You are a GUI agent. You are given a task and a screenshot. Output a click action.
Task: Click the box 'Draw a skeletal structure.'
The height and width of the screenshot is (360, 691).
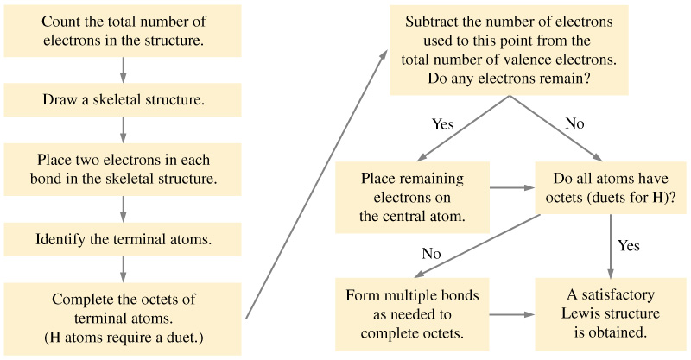(123, 99)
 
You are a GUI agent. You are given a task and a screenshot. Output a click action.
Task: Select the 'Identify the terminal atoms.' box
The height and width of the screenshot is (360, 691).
(123, 239)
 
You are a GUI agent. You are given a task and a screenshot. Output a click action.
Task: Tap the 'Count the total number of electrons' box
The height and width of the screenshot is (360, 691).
(123, 31)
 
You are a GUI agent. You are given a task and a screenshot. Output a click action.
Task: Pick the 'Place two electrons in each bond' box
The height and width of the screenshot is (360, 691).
(123, 169)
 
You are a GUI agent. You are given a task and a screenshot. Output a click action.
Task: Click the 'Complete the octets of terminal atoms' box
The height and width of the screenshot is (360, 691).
(123, 319)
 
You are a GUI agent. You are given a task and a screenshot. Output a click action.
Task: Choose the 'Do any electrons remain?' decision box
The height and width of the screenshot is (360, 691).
(509, 50)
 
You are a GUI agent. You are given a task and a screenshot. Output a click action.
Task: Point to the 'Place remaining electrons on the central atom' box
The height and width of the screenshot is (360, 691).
(412, 197)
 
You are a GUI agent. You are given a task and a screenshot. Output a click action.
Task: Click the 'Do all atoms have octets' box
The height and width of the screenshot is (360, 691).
(611, 187)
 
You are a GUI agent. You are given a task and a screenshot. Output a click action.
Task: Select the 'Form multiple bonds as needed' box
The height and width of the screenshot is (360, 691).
(412, 314)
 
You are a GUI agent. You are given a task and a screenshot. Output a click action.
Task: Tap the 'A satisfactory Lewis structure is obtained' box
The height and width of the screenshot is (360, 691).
(611, 313)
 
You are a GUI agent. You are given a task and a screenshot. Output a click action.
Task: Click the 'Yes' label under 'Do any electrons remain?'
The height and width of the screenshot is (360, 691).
(442, 124)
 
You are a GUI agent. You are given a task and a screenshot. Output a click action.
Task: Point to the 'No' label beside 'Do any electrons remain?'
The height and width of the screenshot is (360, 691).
(574, 123)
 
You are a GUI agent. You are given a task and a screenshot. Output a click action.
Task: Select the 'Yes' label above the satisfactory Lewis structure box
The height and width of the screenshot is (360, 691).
(629, 245)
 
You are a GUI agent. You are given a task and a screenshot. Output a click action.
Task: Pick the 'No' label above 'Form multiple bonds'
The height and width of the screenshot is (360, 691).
(431, 253)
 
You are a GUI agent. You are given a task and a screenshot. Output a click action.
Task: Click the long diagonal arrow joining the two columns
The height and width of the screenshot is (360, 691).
(316, 184)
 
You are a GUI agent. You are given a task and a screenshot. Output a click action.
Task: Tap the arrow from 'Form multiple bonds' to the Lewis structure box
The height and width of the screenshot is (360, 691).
(512, 314)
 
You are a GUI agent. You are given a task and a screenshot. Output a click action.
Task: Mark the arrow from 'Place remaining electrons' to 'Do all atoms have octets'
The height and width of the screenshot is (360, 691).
(512, 187)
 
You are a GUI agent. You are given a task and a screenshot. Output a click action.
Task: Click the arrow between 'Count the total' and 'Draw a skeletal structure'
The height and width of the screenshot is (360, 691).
(123, 70)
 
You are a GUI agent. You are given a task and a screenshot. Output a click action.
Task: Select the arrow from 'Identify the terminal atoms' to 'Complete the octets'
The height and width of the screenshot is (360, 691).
(123, 269)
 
